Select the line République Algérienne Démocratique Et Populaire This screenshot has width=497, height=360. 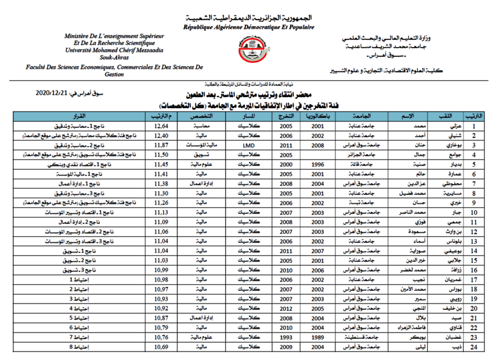[x=249, y=28]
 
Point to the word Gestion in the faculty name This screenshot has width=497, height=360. [x=114, y=74]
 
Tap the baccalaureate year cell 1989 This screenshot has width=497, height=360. [x=318, y=337]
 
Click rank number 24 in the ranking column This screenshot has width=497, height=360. [x=472, y=347]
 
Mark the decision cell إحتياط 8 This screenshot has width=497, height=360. [x=78, y=347]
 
